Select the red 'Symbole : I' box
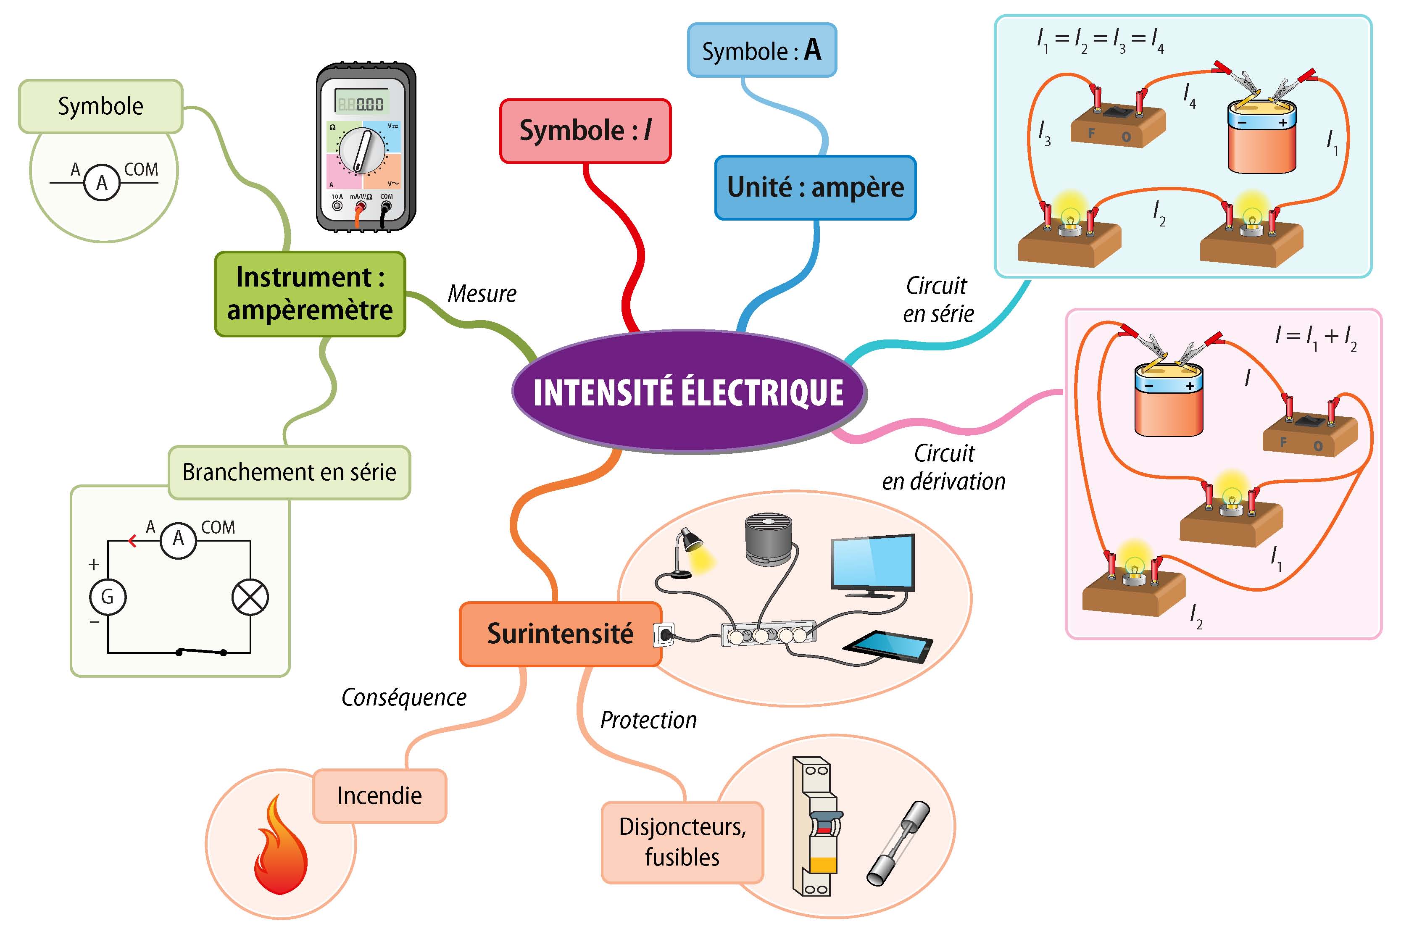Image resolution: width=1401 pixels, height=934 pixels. click(585, 130)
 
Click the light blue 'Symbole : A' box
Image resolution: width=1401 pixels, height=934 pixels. click(761, 50)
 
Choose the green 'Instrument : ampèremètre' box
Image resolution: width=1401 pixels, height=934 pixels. click(310, 294)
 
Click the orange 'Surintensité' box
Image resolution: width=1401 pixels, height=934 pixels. click(560, 633)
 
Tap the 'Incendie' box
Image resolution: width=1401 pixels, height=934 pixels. click(379, 795)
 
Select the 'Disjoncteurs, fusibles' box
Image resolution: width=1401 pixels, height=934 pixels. click(682, 842)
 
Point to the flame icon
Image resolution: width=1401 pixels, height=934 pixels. click(280, 846)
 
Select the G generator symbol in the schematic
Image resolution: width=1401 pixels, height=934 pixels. click(107, 596)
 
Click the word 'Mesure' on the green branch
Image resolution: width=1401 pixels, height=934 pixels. click(482, 294)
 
